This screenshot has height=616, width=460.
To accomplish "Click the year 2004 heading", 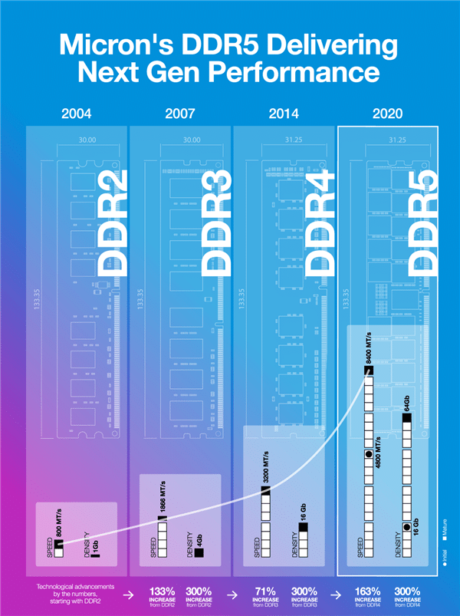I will [76, 115].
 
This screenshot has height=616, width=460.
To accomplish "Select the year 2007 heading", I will [180, 115].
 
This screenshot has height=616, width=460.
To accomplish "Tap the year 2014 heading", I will [284, 115].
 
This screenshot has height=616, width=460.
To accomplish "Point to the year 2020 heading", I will [387, 115].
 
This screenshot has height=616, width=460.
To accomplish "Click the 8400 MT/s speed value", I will [369, 347].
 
